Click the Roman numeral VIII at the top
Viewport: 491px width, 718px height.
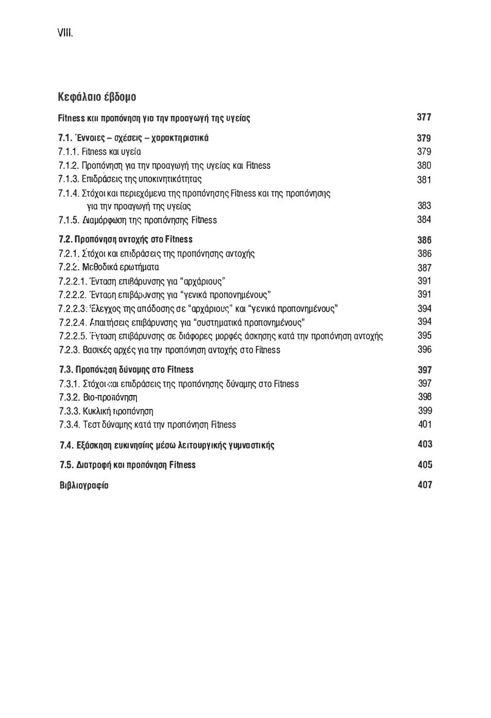tap(65, 33)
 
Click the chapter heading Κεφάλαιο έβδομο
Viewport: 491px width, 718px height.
tap(97, 97)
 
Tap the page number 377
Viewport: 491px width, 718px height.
tap(424, 117)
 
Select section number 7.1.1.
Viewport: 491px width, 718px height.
tap(69, 152)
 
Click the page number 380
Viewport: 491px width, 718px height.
tap(424, 165)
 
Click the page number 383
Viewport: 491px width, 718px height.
tap(424, 206)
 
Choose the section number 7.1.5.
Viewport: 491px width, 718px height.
tap(69, 220)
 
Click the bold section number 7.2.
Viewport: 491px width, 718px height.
tap(65, 240)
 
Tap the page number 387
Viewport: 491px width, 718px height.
tap(425, 268)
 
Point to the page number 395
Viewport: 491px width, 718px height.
tap(425, 335)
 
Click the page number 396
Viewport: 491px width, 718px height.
tap(425, 349)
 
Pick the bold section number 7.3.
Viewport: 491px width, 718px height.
tap(66, 370)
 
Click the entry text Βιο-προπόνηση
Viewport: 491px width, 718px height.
tap(110, 398)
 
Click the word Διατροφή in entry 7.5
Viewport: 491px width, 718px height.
tap(93, 465)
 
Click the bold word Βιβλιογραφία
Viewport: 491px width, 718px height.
tap(84, 485)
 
